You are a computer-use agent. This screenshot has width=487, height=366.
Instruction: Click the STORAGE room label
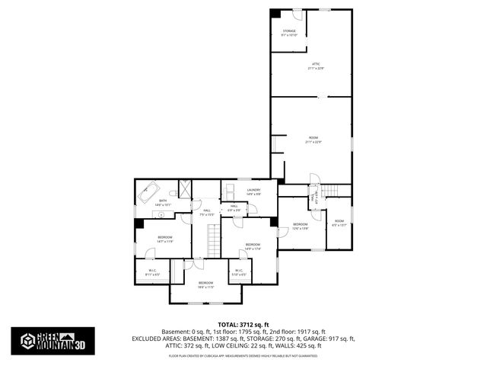click(x=288, y=32)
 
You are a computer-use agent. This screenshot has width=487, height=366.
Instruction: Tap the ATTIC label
click(x=316, y=66)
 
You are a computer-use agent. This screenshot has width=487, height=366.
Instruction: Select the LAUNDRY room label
click(x=253, y=191)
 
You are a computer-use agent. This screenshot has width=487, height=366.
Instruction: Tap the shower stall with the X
click(x=183, y=188)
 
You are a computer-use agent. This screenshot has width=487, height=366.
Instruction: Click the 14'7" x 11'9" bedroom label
click(x=164, y=239)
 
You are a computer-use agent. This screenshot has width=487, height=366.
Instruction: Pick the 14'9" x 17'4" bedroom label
click(x=253, y=246)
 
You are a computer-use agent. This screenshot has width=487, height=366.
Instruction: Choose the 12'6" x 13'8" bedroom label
click(x=301, y=225)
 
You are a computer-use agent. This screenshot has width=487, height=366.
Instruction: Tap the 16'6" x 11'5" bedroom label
click(x=205, y=284)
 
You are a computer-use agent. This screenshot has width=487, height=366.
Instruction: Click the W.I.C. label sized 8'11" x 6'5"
click(x=152, y=271)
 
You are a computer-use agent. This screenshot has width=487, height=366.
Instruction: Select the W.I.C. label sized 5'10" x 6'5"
click(x=238, y=271)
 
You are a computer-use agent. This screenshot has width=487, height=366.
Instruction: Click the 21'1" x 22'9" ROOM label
click(x=313, y=140)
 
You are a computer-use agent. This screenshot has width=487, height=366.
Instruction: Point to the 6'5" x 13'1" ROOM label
click(x=339, y=223)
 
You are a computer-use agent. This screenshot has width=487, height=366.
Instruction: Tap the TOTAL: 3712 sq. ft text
click(x=243, y=325)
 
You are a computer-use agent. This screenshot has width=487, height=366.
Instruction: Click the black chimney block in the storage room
click(x=276, y=13)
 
